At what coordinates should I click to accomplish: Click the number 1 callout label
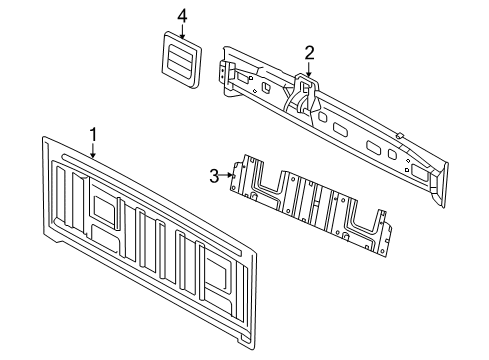93,133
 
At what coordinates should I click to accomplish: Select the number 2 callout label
309,52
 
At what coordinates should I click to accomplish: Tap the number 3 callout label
213,176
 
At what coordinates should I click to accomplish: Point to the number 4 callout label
182,15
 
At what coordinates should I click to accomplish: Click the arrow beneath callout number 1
93,151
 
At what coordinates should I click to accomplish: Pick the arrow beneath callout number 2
309,70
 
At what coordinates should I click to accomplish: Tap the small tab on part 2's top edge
397,134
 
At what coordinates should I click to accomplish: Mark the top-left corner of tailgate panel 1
46,139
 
